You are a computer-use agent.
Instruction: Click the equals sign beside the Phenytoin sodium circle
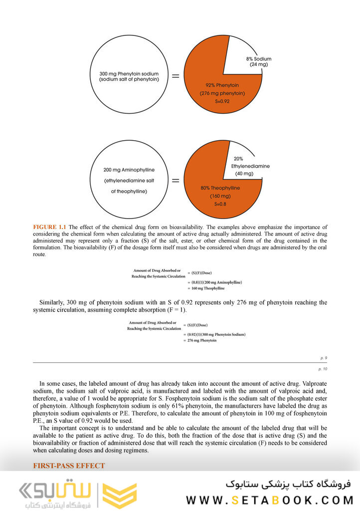176,76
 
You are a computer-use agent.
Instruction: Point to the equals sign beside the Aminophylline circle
176,181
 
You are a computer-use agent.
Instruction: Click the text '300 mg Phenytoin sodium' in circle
129,73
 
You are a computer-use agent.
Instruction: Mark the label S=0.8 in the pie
220,204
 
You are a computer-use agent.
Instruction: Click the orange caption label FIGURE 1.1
49,228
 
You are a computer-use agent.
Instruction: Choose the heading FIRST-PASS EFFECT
69,466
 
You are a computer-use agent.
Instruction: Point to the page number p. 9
323,358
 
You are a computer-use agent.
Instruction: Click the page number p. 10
322,369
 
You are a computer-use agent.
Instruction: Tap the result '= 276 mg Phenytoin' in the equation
202,340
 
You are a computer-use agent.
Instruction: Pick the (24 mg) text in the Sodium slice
259,65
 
